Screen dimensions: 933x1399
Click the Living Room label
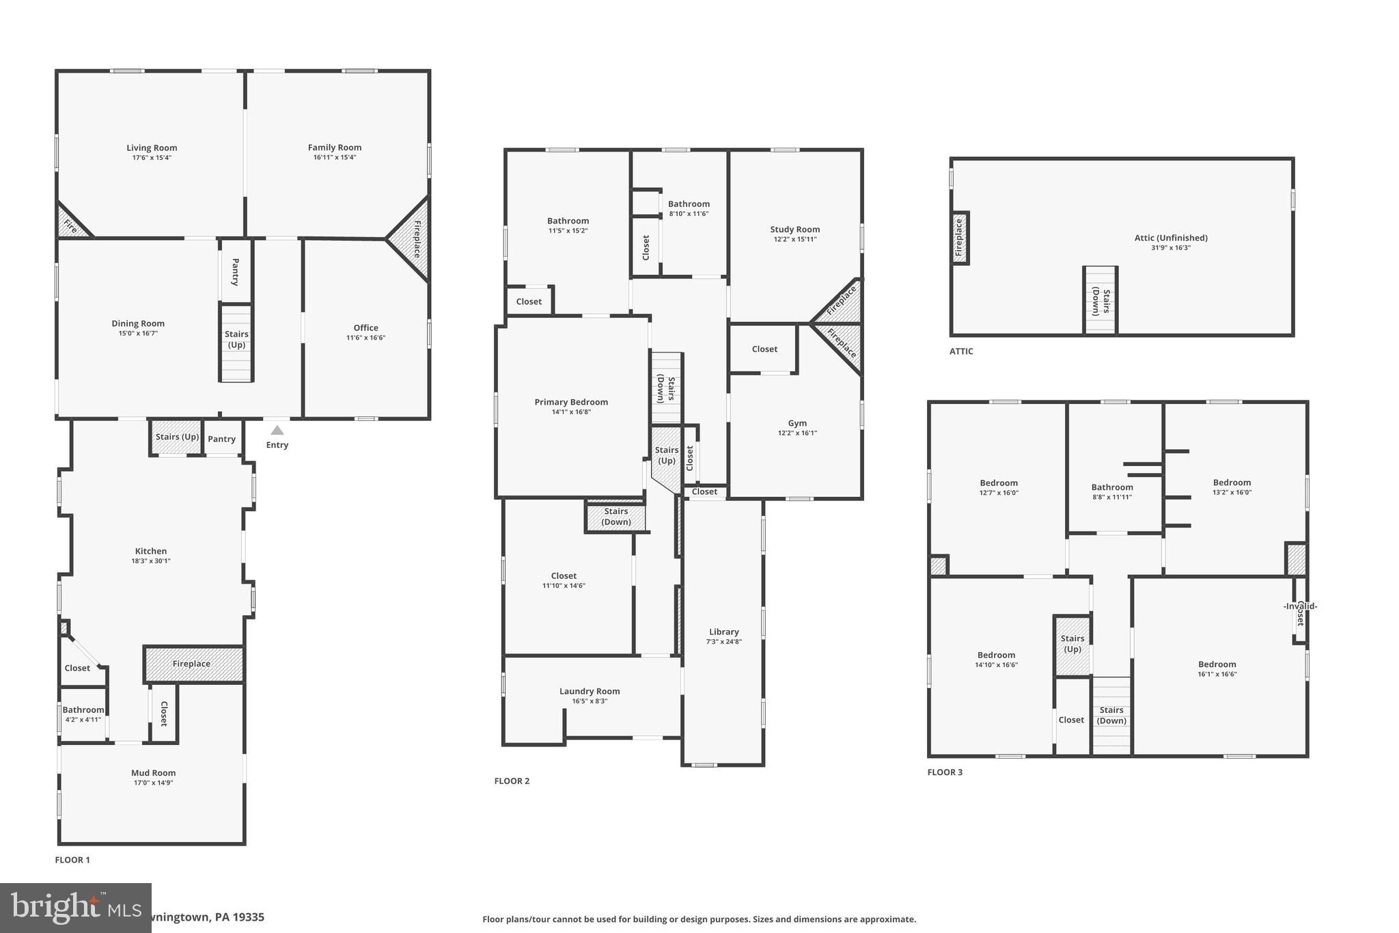[x=152, y=148]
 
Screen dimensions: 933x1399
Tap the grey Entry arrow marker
[x=277, y=431]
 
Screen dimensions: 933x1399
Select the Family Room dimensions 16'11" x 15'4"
[x=334, y=157]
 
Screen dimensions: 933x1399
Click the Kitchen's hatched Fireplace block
[x=193, y=664]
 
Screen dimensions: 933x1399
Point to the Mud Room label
[x=153, y=773]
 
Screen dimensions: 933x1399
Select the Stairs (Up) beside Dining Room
[x=236, y=340]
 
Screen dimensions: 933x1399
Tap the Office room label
[x=365, y=327]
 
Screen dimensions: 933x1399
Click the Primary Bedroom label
[x=571, y=402]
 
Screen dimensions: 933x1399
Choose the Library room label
[x=723, y=632]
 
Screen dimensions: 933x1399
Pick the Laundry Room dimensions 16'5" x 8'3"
[x=590, y=701]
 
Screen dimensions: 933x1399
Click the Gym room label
[x=797, y=423]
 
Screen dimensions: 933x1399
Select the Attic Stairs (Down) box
[x=1100, y=301]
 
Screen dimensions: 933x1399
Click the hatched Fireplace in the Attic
[x=959, y=237]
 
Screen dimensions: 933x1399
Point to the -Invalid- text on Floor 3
[x=1300, y=606]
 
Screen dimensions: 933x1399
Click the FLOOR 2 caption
[x=512, y=781]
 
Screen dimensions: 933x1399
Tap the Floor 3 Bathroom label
[x=1111, y=487]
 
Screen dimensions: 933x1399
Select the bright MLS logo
[x=75, y=908]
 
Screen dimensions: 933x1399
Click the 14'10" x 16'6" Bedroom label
[x=996, y=655]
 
